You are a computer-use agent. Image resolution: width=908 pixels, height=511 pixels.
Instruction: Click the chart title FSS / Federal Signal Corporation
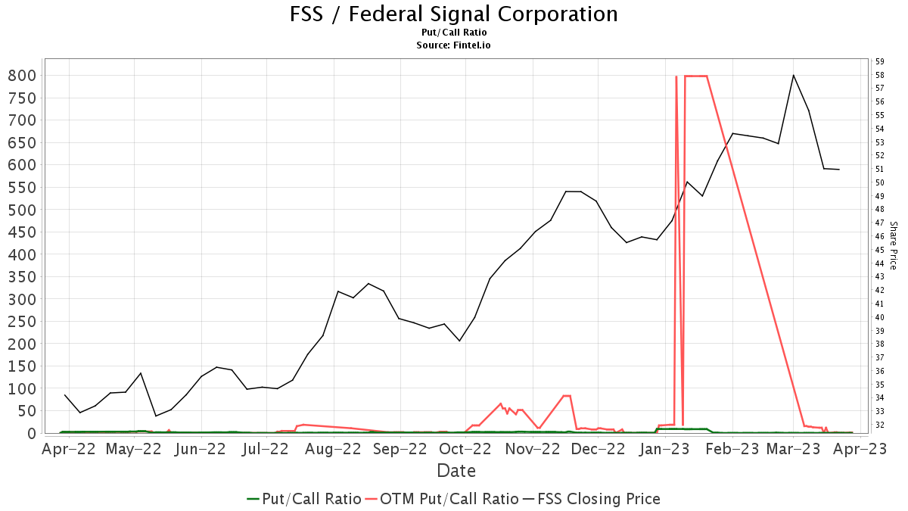coord(454,14)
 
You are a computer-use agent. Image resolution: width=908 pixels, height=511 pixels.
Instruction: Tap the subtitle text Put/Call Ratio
coord(454,33)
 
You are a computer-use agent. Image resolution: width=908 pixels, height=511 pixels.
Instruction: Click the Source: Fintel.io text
coord(454,45)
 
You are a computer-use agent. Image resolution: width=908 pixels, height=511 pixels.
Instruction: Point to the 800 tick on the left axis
coord(22,75)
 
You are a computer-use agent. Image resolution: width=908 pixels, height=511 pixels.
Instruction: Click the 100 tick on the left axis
coord(22,388)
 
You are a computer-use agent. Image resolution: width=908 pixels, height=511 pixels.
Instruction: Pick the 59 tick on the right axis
coord(879,61)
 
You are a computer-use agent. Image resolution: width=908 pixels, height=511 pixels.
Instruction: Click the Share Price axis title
coord(893,245)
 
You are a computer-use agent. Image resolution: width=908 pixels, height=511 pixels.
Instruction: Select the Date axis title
coord(456,471)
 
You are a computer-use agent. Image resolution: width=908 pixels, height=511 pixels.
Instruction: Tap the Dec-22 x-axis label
coord(598,449)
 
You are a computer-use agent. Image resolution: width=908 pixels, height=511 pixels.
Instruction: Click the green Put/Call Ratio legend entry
coord(303,499)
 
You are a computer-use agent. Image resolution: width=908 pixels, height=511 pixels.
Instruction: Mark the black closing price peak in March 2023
coord(793,75)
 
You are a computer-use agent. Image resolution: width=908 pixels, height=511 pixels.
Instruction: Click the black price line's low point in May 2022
coord(156,416)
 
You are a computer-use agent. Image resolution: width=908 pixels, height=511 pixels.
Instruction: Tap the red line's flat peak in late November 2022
coord(566,395)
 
